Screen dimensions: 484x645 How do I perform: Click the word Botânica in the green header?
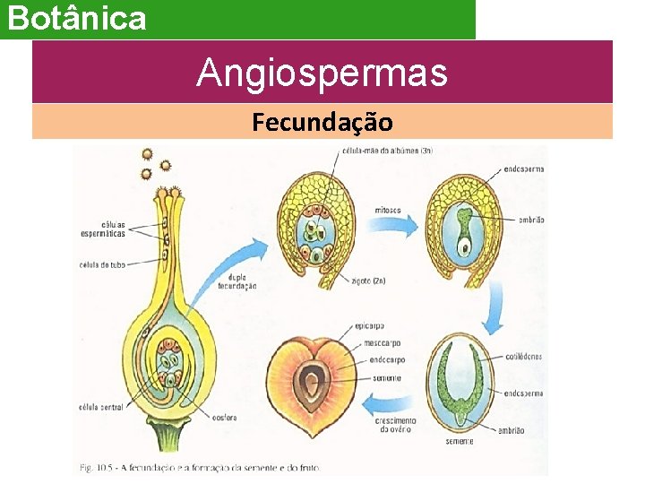[x=77, y=18]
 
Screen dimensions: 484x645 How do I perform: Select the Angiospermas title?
[x=322, y=73]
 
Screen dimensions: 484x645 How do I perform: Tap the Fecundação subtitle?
[x=322, y=121]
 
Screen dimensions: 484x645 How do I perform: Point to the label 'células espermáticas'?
[x=100, y=229]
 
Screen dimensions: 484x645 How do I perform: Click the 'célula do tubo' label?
[x=101, y=264]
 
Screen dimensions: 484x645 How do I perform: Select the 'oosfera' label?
[x=225, y=415]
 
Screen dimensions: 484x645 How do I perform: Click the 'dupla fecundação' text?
[x=236, y=281]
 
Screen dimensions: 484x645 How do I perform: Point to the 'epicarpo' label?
[x=370, y=327]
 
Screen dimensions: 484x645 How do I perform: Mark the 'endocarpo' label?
[x=386, y=360]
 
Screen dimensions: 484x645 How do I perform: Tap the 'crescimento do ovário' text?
[x=394, y=425]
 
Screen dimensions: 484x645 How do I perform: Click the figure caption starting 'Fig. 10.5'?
[x=197, y=467]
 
